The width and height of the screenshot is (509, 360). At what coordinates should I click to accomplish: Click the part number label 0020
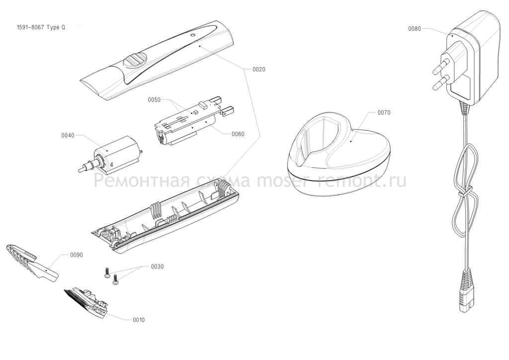[x=258, y=70]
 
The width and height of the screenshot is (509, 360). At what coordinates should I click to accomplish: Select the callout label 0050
[x=154, y=99]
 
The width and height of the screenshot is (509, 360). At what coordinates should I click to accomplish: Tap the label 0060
[x=238, y=134]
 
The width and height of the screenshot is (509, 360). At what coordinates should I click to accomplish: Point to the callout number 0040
[x=68, y=135]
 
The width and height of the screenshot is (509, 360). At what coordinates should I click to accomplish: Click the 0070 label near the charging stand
[x=384, y=113]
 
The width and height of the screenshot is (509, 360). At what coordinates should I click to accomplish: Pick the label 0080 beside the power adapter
[x=415, y=29]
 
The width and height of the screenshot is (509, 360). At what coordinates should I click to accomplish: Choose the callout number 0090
[x=77, y=255]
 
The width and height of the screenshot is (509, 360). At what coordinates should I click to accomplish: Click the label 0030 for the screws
[x=158, y=267]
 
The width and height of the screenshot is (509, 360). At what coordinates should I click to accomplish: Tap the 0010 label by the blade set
[x=139, y=320]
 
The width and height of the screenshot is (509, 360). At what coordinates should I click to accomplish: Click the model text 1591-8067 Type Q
[x=41, y=27]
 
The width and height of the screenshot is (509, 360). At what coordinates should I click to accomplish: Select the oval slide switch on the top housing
[x=135, y=61]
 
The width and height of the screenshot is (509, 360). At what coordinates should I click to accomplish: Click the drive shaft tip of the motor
[x=81, y=170]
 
